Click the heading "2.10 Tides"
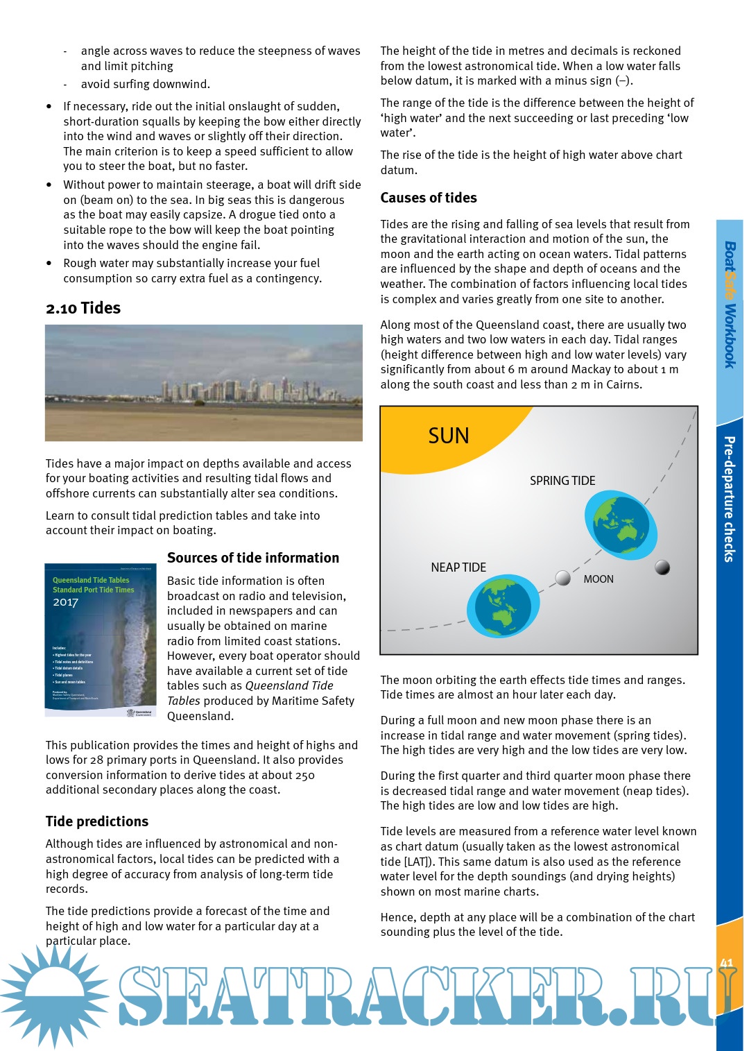point(83,308)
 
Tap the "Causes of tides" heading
point(429,198)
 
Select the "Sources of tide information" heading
point(253,558)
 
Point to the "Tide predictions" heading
point(97,821)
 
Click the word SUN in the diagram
point(449,436)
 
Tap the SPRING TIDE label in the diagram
point(562,481)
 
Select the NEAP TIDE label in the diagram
point(458,567)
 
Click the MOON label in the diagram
point(599,579)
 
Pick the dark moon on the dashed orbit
point(662,567)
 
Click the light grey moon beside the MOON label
point(563,578)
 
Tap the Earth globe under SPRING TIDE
point(620,525)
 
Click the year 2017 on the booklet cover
point(66,602)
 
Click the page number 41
point(727,963)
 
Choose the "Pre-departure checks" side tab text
point(730,499)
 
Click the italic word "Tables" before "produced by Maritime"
point(184,701)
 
